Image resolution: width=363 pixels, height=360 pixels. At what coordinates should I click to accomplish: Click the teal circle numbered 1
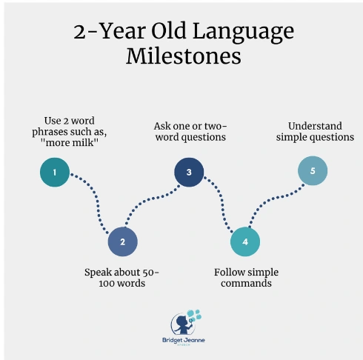(x=55, y=172)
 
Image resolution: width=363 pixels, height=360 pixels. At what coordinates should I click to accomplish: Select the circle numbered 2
(x=123, y=241)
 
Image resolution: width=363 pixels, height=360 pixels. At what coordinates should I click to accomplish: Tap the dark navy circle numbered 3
(x=189, y=172)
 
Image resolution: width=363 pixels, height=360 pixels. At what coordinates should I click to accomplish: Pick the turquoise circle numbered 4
(x=245, y=241)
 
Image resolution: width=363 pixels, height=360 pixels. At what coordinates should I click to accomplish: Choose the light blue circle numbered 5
(x=313, y=170)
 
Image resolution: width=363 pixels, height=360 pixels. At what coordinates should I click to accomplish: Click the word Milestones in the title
(x=184, y=56)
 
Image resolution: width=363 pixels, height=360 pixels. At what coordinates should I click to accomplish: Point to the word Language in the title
(x=243, y=33)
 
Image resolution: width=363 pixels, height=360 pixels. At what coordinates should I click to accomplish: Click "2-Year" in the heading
(x=110, y=31)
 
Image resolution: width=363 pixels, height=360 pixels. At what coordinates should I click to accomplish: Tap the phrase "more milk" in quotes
(x=70, y=142)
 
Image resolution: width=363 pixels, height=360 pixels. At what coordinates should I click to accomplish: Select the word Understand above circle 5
(x=315, y=126)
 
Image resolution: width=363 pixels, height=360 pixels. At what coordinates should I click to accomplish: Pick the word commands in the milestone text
(x=246, y=283)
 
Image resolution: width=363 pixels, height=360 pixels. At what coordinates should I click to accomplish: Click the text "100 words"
(x=121, y=283)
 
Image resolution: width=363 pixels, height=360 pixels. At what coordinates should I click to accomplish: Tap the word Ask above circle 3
(x=161, y=126)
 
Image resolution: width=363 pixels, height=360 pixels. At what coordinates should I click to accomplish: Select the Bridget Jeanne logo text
(x=184, y=340)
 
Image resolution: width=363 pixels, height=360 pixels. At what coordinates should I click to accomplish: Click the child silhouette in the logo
(x=182, y=324)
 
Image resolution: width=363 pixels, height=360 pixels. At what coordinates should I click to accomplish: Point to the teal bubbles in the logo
(x=195, y=314)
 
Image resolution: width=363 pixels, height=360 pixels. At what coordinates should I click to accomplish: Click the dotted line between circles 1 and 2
(x=96, y=198)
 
